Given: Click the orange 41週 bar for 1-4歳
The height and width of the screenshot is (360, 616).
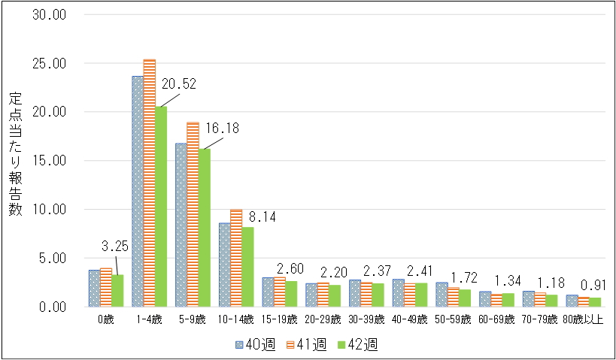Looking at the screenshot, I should (x=150, y=183).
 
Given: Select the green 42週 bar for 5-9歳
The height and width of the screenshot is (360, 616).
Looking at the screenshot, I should (x=205, y=228).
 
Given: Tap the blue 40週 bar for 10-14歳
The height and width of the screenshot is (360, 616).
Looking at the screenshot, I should (x=224, y=265).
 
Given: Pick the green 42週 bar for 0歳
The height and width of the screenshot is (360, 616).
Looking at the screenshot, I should (x=117, y=291).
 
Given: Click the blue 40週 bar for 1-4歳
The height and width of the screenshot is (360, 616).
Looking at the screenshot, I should (x=138, y=191).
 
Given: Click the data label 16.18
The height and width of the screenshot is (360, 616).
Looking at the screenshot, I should (x=223, y=129).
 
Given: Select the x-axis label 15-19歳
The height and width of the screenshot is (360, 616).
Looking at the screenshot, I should (x=279, y=319).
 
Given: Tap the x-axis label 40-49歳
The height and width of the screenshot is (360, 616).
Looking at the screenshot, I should (x=410, y=319).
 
